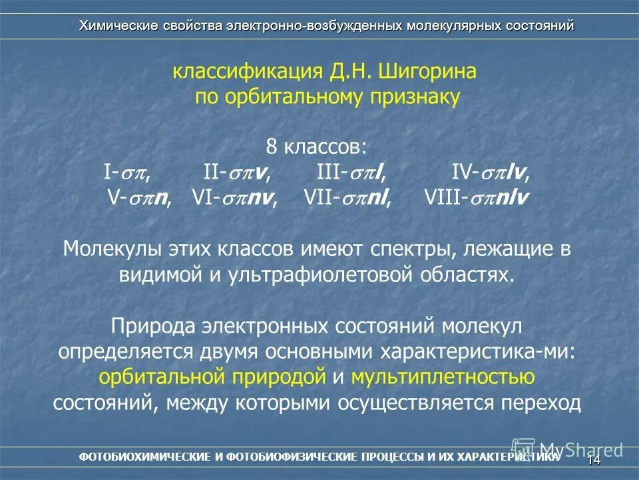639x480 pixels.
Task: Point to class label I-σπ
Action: click(x=126, y=173)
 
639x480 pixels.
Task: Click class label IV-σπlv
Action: click(x=491, y=173)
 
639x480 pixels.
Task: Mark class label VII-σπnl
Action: click(x=347, y=198)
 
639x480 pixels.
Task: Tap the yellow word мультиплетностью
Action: click(x=443, y=377)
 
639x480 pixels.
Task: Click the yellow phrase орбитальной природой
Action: click(x=212, y=377)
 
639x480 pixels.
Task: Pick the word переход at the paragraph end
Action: click(x=544, y=403)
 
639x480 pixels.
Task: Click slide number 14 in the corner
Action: click(x=594, y=460)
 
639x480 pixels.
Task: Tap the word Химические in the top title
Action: click(x=117, y=26)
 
